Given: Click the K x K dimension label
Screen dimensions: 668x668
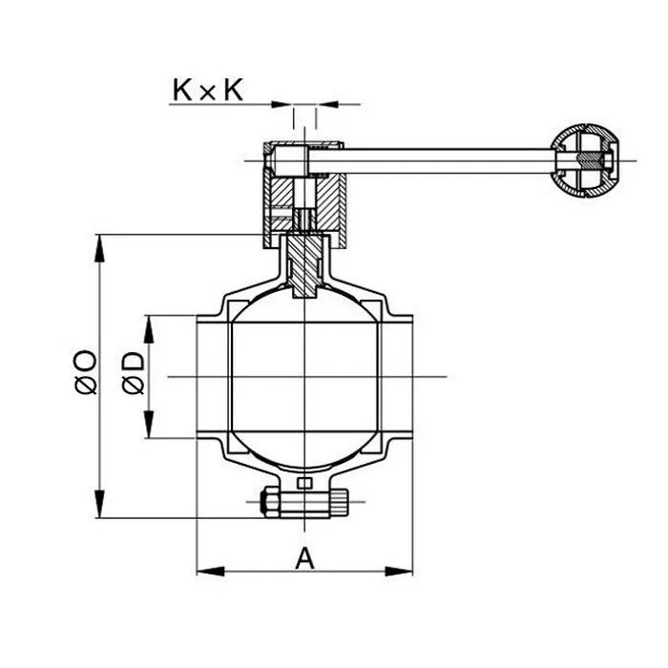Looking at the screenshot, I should (x=208, y=90).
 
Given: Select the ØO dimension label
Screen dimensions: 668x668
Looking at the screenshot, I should (x=85, y=372).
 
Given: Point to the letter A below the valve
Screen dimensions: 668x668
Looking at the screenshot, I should (x=304, y=557).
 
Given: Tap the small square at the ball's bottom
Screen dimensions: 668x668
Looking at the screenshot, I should (x=304, y=484).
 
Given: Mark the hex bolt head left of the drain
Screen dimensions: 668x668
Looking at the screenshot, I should (x=268, y=500).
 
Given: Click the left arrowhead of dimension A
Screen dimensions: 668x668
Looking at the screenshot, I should (x=205, y=572).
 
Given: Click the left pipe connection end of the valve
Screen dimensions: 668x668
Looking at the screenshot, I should (x=212, y=377).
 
